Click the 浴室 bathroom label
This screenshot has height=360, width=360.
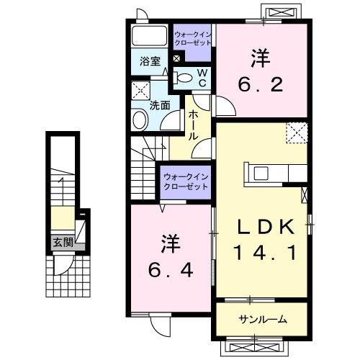coord(150,62)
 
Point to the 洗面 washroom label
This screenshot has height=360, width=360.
coord(160,105)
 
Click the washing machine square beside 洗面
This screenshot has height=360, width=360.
coord(140,91)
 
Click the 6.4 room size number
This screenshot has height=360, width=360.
coord(171,271)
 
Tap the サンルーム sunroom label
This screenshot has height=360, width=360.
coord(263,319)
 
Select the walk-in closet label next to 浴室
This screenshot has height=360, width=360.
coord(192,38)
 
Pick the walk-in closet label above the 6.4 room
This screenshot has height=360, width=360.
coord(185,181)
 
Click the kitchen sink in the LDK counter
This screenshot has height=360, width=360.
coord(261,173)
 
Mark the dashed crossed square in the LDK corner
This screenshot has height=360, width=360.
coord(296,134)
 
